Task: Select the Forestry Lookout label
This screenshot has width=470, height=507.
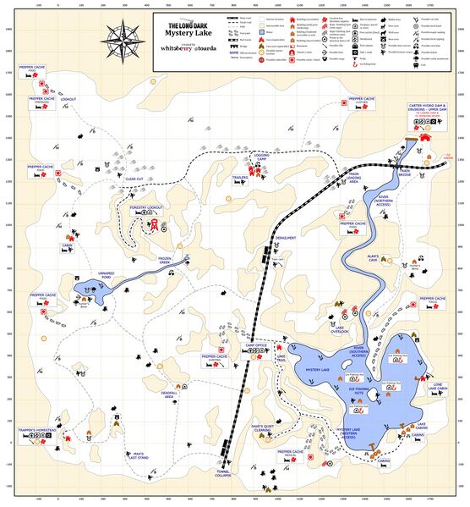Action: pyautogui.click(x=145, y=207)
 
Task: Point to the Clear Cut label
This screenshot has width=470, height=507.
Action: pyautogui.click(x=134, y=179)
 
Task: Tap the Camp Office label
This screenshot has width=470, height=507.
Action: pyautogui.click(x=255, y=345)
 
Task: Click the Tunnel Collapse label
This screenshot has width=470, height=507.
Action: pyautogui.click(x=222, y=474)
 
